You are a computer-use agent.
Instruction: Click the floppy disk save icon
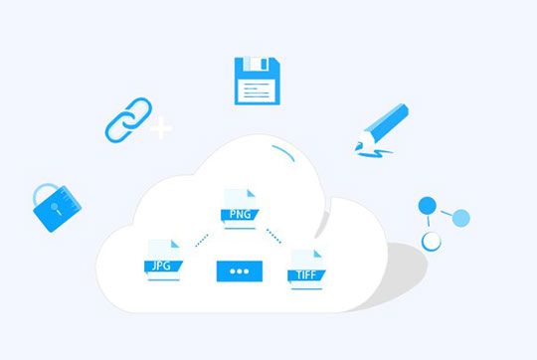pos(258,81)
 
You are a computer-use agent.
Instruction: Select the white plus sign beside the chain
pos(161,127)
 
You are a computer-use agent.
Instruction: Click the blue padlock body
pos(58,209)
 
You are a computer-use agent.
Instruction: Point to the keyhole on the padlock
pos(56,208)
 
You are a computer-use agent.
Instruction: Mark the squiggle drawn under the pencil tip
pos(375,154)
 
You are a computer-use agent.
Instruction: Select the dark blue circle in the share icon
pos(427,206)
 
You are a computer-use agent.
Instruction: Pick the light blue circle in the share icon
pos(461,218)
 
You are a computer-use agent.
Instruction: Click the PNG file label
pos(240,215)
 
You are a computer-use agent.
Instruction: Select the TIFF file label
pos(306,275)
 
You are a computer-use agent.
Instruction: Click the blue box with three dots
pos(240,271)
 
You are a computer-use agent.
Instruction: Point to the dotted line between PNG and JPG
pos(202,240)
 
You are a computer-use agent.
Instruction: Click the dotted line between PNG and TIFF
pos(273,236)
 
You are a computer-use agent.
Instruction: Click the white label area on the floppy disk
pos(257,90)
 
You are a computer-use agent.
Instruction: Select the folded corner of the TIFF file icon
pos(318,254)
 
